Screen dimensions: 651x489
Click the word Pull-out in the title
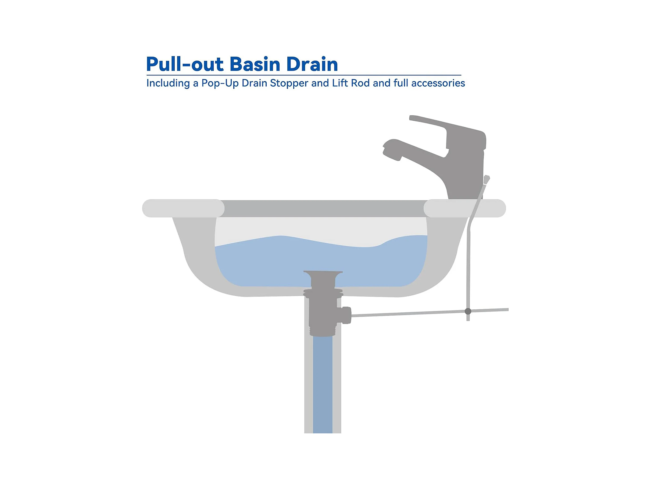pyautogui.click(x=185, y=64)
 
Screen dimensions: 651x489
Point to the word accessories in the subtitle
pyautogui.click(x=438, y=83)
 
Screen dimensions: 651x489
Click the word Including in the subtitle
pyautogui.click(x=168, y=83)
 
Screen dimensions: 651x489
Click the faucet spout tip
pyautogui.click(x=391, y=151)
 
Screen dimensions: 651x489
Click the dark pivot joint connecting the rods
pyautogui.click(x=468, y=311)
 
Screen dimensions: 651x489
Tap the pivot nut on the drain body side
pyautogui.click(x=347, y=315)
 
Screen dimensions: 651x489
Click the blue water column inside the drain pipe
pyautogui.click(x=323, y=385)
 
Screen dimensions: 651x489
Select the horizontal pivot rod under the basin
pyautogui.click(x=430, y=312)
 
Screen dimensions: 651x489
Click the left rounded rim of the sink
pyautogui.click(x=183, y=208)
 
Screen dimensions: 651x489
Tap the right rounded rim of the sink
pyautogui.click(x=465, y=208)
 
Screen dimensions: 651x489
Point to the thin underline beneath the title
pyautogui.click(x=304, y=75)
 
